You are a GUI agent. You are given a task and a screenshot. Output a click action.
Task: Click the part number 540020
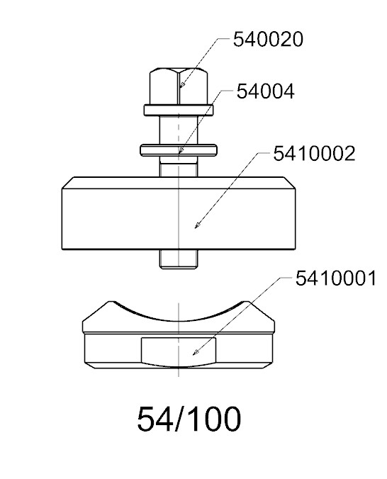tap(268, 39)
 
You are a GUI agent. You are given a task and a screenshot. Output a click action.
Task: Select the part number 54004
tap(265, 91)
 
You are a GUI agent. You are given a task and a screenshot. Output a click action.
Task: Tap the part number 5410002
tap(314, 153)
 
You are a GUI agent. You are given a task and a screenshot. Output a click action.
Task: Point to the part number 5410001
tap(336, 278)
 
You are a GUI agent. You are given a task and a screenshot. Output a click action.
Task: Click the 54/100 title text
tap(189, 419)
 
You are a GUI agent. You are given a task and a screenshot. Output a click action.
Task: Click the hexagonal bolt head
tap(179, 86)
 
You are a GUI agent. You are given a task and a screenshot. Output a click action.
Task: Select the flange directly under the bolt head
tap(179, 110)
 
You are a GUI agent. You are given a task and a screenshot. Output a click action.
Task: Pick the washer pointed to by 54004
tap(179, 150)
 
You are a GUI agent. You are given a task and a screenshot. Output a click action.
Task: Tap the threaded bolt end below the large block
tap(179, 259)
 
